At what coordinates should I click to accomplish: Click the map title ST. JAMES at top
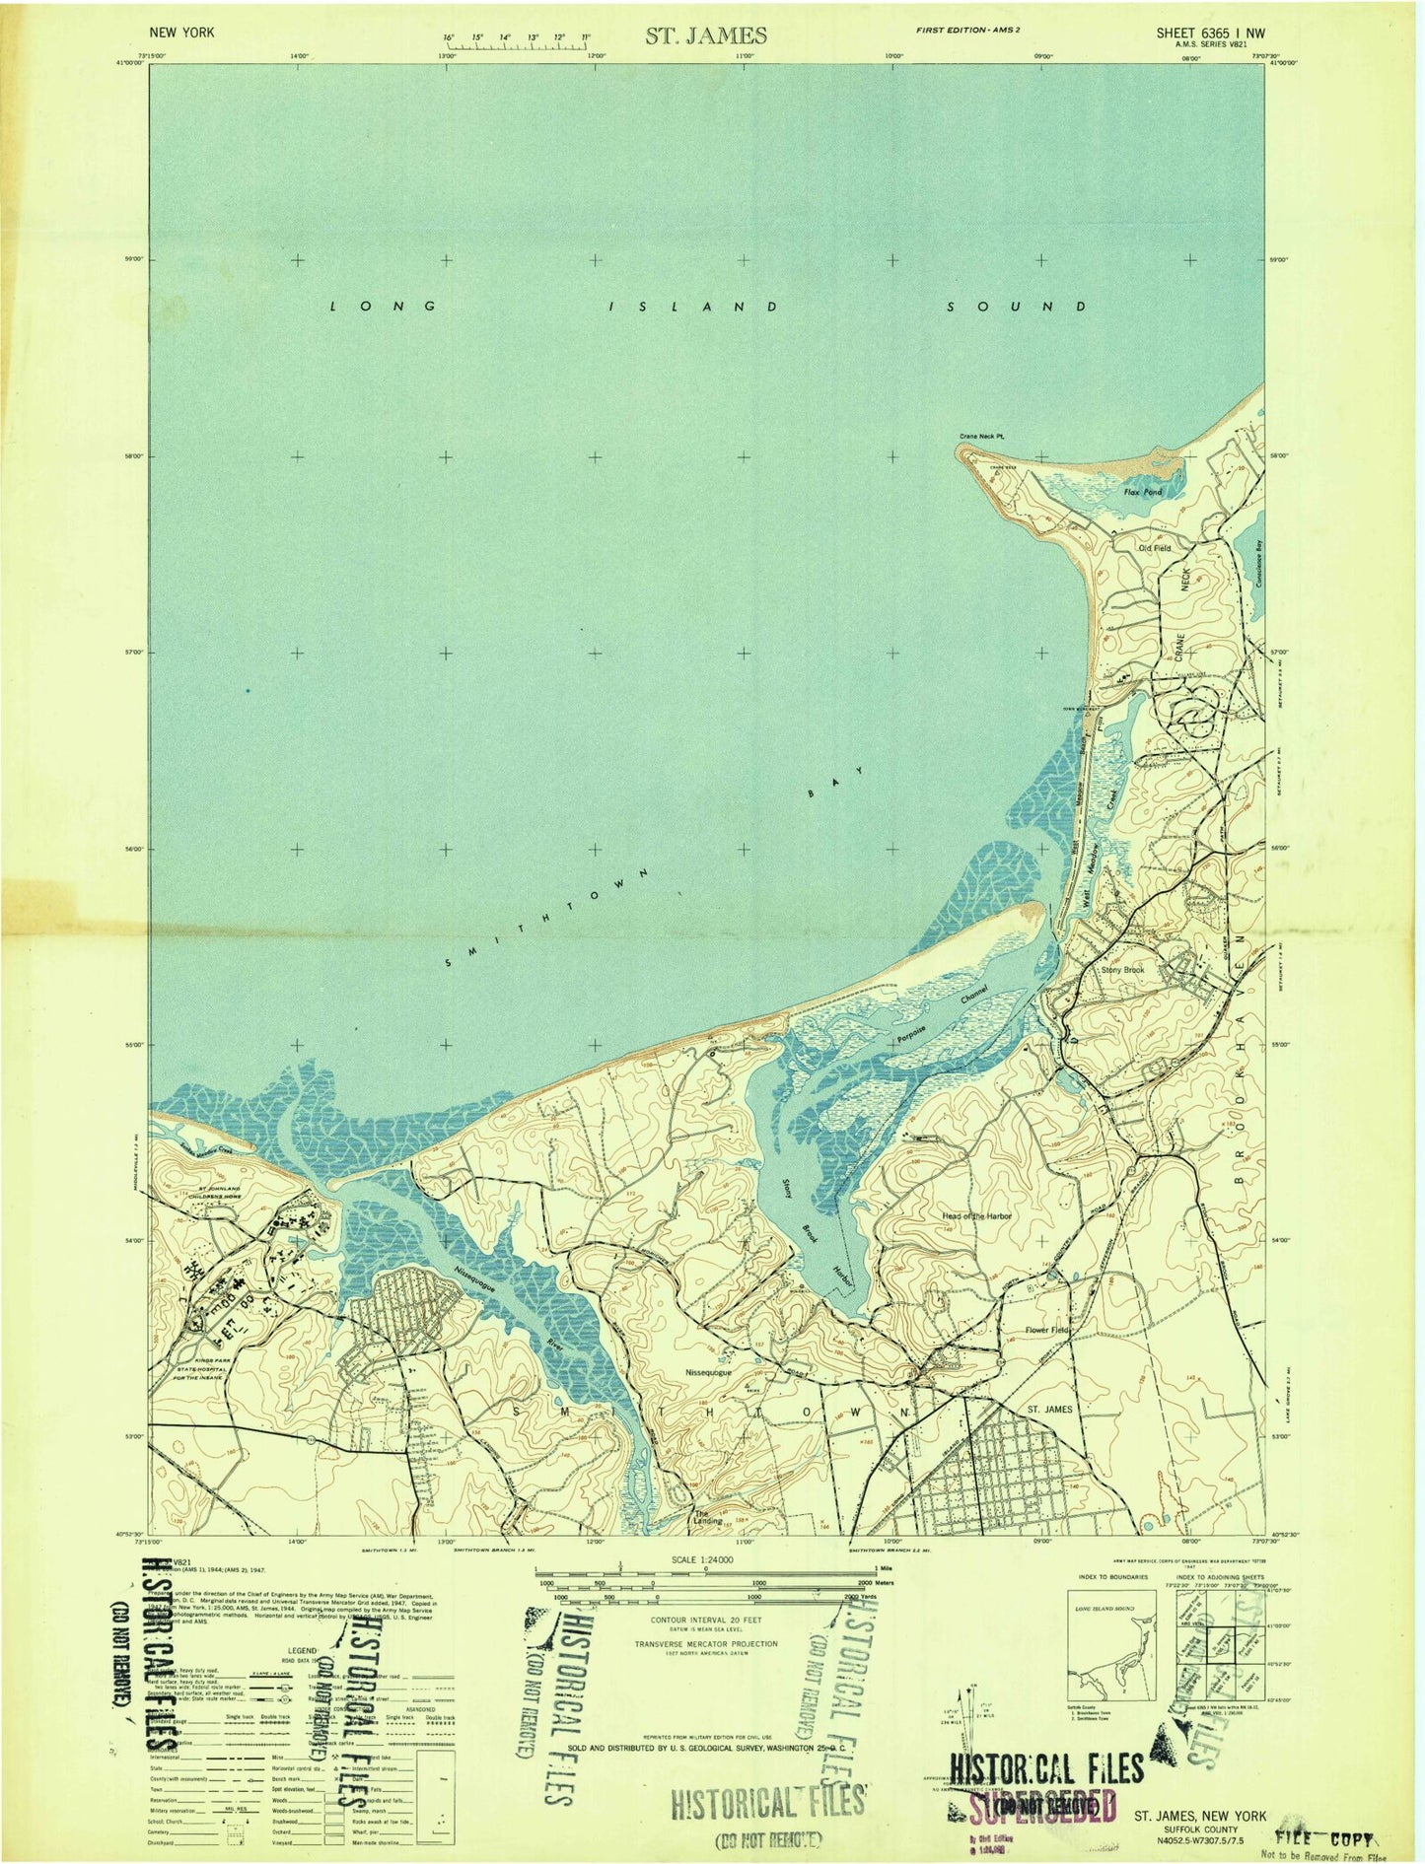pyautogui.click(x=706, y=35)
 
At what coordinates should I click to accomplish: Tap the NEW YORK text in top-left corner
pyautogui.click(x=181, y=33)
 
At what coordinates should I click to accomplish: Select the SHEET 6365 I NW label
pyautogui.click(x=1210, y=33)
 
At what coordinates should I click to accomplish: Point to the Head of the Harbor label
pyautogui.click(x=976, y=1216)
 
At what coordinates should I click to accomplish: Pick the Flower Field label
pyautogui.click(x=1045, y=1331)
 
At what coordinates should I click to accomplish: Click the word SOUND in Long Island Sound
pyautogui.click(x=1017, y=307)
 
